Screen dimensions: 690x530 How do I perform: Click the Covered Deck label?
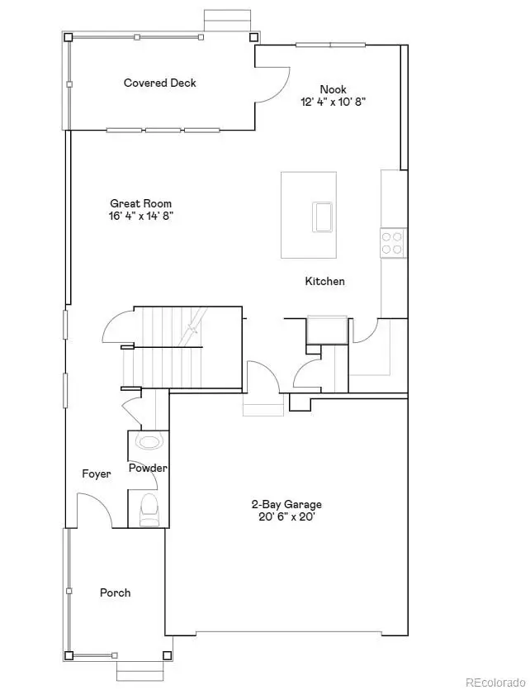[159, 83]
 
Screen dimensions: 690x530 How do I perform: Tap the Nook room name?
[333, 89]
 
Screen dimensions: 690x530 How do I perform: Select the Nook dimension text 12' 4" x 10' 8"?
[333, 102]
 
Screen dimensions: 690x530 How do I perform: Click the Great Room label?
[141, 203]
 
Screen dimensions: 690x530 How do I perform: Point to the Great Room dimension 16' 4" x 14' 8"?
[141, 216]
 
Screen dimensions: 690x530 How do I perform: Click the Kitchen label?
[325, 281]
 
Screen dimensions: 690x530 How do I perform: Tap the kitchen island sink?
[322, 217]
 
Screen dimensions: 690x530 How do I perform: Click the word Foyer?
[96, 474]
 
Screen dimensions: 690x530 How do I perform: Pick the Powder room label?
[148, 469]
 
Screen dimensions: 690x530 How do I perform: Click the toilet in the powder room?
[149, 509]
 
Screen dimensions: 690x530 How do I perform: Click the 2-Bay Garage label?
[286, 504]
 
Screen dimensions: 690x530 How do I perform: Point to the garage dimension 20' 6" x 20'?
[286, 517]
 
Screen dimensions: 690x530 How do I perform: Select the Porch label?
[115, 592]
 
